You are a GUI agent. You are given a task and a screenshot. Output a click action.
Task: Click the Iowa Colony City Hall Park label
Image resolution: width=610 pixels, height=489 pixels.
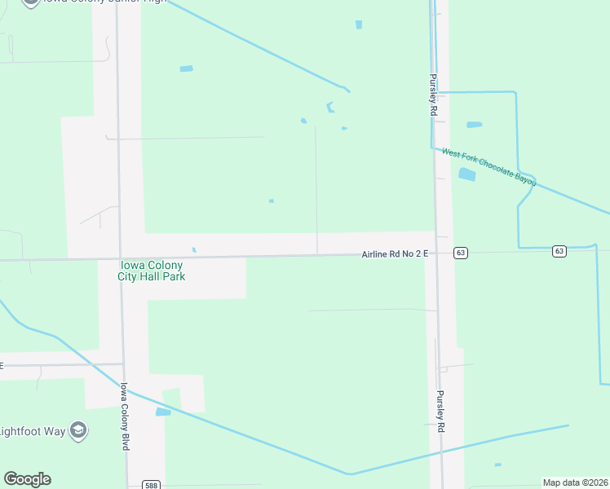[x=152, y=271]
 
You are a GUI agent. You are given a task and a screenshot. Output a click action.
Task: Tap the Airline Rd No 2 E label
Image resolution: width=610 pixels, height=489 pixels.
[x=395, y=254]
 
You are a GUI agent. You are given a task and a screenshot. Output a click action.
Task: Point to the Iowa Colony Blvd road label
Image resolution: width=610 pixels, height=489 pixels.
[x=126, y=417]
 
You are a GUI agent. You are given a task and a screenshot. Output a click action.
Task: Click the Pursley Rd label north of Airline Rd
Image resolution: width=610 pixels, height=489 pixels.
[x=434, y=95]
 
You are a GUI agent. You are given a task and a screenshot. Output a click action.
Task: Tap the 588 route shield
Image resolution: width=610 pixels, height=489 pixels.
[x=151, y=484]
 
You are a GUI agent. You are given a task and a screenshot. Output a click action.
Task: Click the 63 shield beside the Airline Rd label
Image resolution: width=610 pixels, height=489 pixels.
[x=462, y=253]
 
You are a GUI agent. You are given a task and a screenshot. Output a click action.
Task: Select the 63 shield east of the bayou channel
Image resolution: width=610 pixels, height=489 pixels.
[x=559, y=251]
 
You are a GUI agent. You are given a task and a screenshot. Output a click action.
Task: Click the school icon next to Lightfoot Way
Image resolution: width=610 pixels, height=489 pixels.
[x=78, y=430]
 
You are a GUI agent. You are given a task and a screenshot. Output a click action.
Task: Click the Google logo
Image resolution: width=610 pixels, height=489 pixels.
[x=27, y=479]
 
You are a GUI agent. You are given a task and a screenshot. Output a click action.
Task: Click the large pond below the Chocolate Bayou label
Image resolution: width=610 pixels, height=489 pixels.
[x=467, y=174]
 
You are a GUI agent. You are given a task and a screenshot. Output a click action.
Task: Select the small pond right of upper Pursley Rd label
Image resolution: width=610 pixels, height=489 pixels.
[x=474, y=125]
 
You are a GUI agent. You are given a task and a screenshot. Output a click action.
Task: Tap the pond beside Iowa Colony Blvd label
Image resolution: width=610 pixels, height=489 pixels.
[x=163, y=412]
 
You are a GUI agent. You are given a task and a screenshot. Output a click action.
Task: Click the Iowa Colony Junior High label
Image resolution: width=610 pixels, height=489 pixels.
[x=98, y=2]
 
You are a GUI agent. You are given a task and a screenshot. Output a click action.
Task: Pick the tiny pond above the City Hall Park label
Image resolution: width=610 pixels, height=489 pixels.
[x=194, y=249]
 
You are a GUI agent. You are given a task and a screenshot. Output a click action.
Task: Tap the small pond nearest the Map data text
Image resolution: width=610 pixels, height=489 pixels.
[x=497, y=465]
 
